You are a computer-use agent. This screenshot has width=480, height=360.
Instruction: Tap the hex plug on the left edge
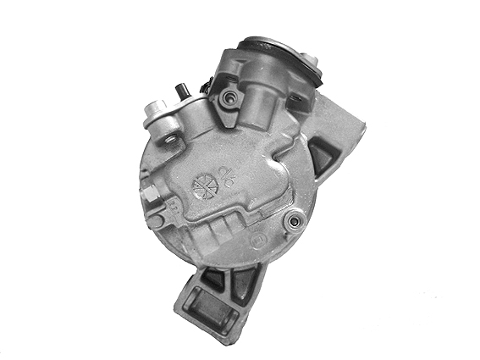(148, 194)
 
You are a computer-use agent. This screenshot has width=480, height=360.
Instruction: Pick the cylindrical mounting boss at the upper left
(156, 109)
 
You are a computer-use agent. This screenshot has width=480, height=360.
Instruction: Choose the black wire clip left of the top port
(206, 84)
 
